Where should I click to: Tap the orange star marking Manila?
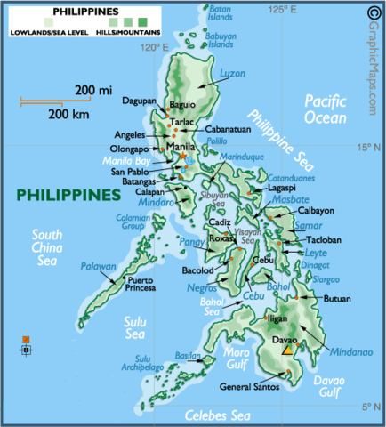(x=184, y=157)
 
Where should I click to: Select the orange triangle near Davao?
(x=287, y=350)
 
